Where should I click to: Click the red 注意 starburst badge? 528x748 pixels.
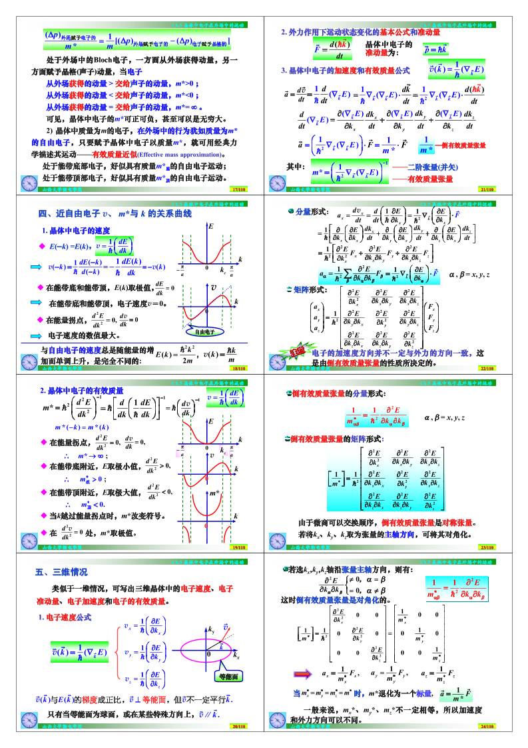[296, 351]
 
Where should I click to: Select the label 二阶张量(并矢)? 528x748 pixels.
[432, 167]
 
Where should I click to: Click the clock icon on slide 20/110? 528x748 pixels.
[29, 719]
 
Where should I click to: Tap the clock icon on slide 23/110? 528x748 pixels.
[278, 540]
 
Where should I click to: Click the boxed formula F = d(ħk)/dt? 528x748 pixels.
[333, 49]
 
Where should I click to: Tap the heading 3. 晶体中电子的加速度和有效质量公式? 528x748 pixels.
[345, 70]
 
